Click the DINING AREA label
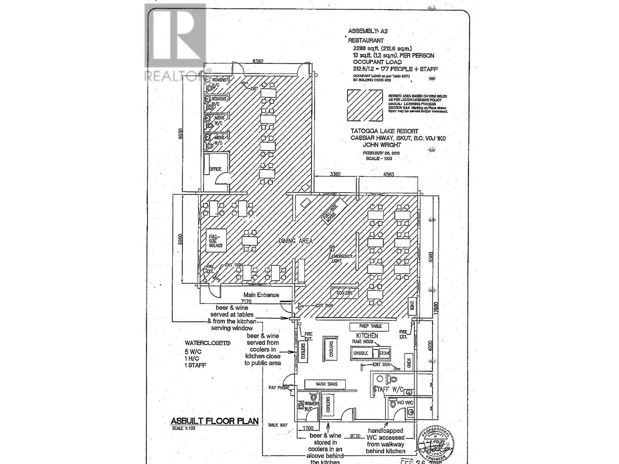point(295,241)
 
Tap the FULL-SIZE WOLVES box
point(215,241)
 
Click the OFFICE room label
point(215,169)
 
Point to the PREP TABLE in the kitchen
point(370,326)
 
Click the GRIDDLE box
point(361,353)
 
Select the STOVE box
point(384,353)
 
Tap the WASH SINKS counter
point(327,384)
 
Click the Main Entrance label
point(261,295)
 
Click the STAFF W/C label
point(388,389)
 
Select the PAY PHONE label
point(279,387)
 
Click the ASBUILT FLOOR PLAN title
point(215,421)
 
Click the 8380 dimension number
point(258,61)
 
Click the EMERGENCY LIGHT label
point(342,258)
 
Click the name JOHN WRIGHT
point(382,145)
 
